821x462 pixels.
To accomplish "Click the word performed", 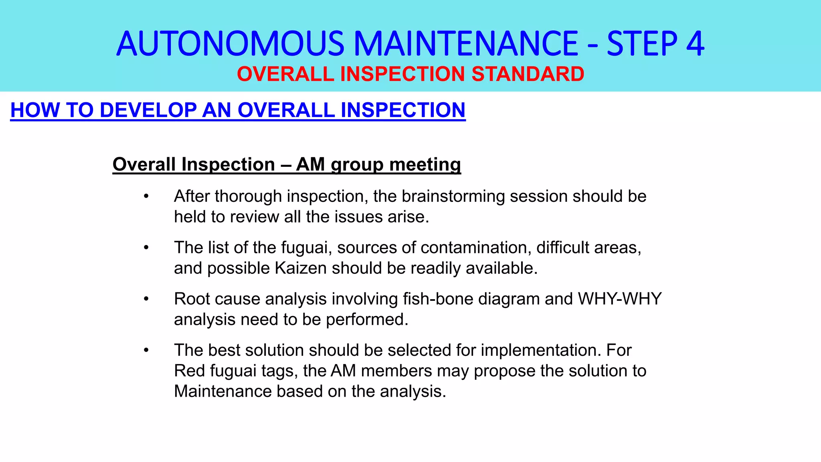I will [367, 320].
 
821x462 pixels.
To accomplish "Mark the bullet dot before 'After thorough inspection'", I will [146, 197].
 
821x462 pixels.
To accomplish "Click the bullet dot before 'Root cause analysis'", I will [146, 299].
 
